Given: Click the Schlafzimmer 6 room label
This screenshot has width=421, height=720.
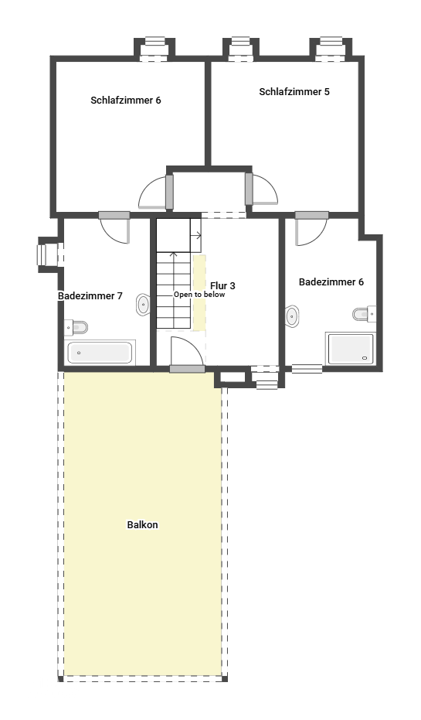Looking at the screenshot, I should coord(125,101).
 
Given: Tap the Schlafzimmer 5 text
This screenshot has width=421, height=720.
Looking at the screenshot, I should coord(294,92).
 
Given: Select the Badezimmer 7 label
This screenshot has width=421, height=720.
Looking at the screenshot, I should coord(90,296).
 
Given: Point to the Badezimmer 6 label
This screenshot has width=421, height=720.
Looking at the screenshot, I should coord(331,282).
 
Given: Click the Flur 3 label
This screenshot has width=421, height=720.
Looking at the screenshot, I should coord(222,286).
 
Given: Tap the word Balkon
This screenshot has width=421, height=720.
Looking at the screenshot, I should coord(142,525).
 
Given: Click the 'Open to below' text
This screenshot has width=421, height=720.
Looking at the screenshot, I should coord(199,295).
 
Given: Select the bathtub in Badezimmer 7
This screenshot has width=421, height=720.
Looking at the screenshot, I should coord(99,353).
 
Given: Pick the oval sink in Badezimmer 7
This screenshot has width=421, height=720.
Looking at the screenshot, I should coord(143,305).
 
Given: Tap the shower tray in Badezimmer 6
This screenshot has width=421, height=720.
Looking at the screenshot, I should coord(350,349).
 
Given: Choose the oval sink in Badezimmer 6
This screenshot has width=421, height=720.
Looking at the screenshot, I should coord(292,316).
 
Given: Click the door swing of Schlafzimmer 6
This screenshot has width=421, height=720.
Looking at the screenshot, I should coord(153,194).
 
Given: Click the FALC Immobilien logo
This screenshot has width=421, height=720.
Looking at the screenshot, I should coord(55,686).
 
